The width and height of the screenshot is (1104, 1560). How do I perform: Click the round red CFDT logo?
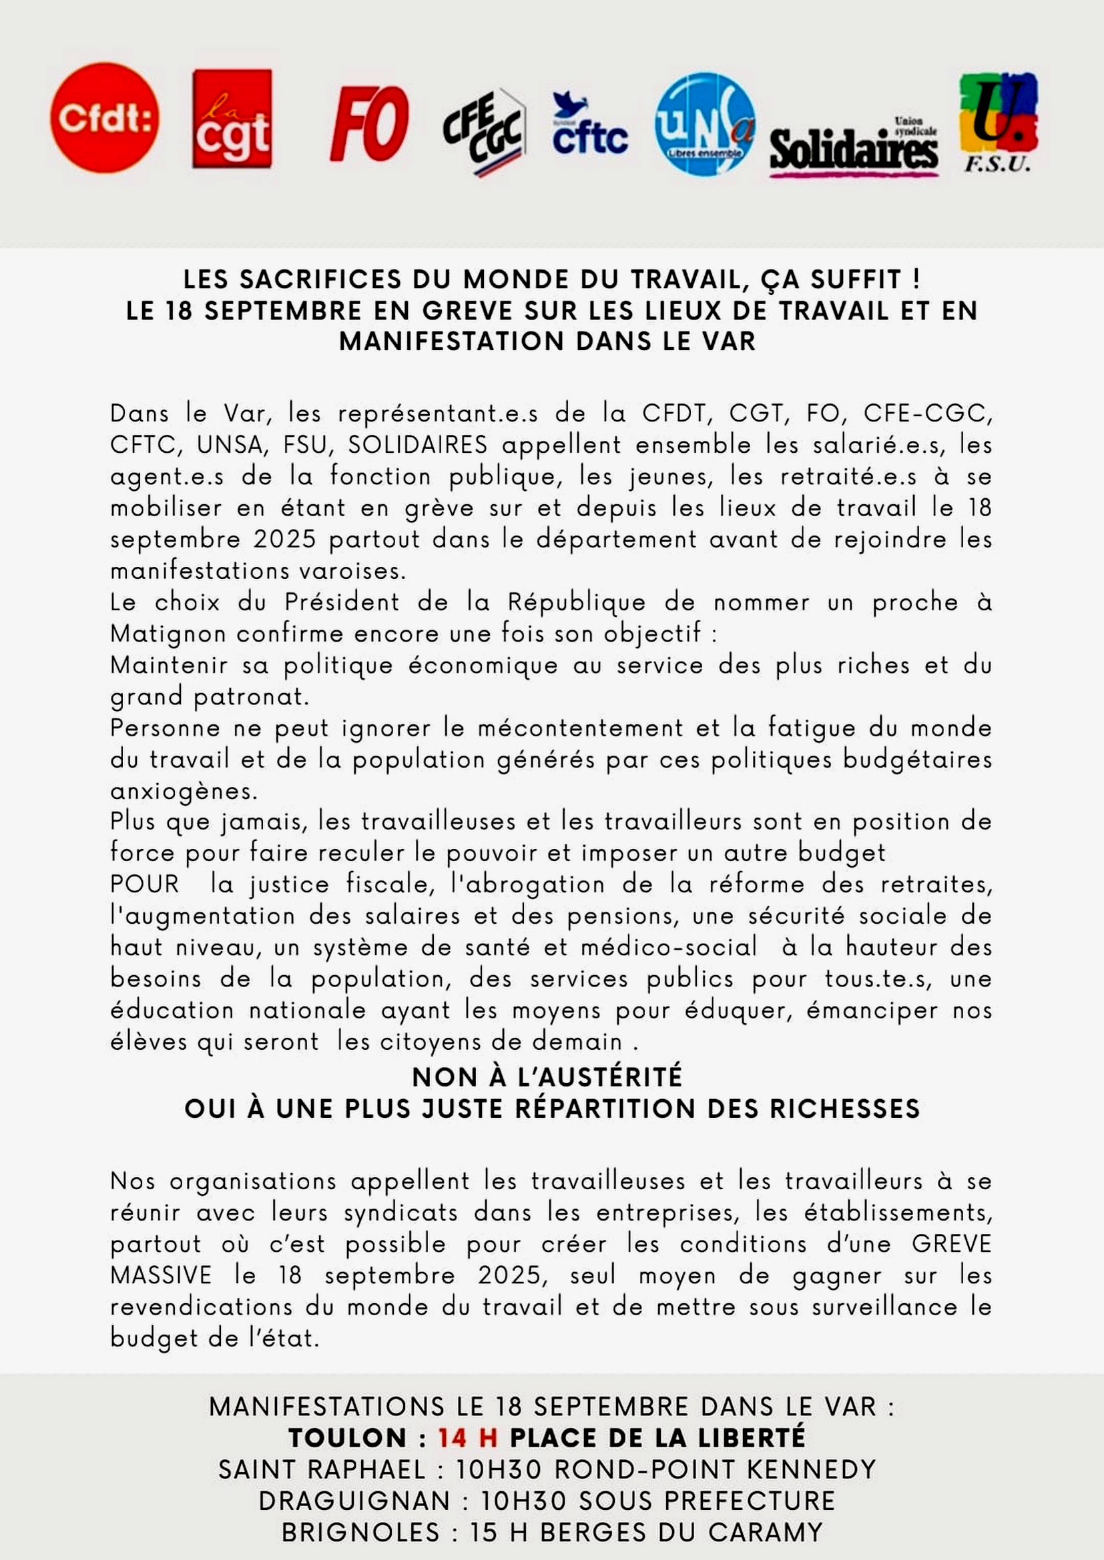click(105, 117)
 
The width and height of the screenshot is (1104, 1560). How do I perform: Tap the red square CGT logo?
click(232, 119)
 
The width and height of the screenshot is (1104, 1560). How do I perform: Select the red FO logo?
click(369, 124)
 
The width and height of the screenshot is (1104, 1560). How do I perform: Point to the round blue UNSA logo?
click(705, 123)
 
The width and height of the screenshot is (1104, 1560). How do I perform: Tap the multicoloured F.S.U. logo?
click(998, 122)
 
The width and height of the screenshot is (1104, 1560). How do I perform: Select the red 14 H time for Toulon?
click(467, 1438)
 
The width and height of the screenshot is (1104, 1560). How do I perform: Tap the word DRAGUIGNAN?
click(354, 1500)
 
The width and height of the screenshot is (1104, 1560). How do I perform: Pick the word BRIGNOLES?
click(360, 1532)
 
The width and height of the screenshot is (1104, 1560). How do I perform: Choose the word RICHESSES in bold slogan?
click(844, 1108)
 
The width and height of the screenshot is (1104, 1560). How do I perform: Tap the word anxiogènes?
click(184, 791)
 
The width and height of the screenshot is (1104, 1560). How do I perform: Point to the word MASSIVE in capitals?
click(161, 1275)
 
